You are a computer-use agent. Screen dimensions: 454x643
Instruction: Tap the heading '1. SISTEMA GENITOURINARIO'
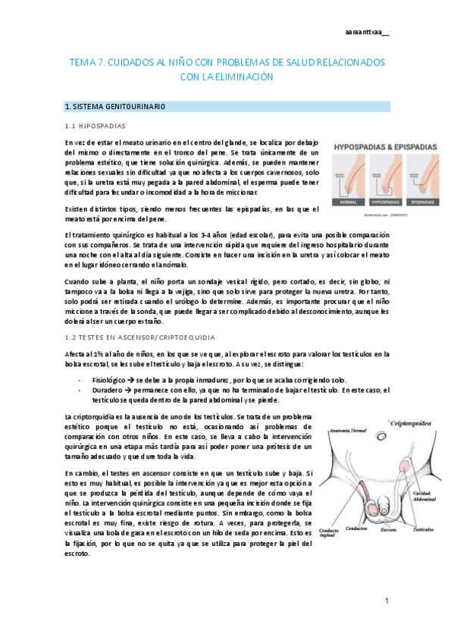[x=115, y=106]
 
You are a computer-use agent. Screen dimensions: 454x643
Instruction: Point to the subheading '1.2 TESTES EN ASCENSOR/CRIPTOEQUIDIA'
[x=140, y=336]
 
